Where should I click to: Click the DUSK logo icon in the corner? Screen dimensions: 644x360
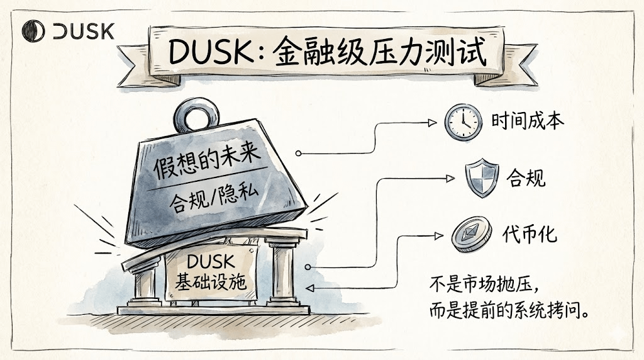[31, 31]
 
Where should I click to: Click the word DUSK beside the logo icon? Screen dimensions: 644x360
[83, 31]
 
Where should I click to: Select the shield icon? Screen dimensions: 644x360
[482, 179]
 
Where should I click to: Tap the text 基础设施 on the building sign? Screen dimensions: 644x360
[210, 282]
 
